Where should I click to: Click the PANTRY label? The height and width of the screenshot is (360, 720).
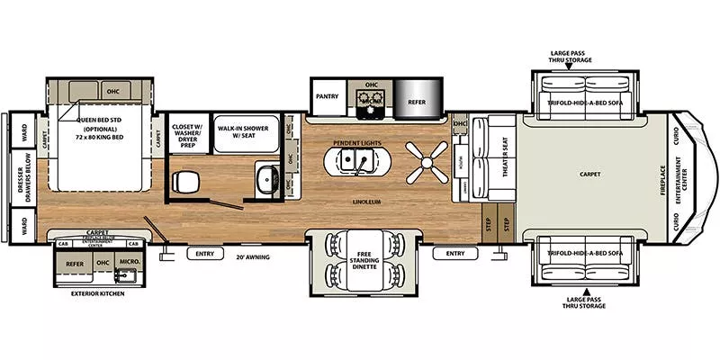[325, 94]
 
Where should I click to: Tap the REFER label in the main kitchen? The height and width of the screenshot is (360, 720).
[417, 103]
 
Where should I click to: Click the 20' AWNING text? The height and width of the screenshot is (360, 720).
[253, 256]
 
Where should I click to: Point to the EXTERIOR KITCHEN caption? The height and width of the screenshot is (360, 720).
[96, 293]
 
